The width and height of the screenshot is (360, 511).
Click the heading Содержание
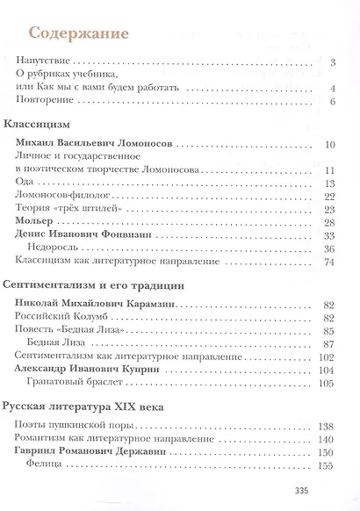click(79, 34)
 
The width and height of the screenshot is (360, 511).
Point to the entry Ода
click(25, 183)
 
